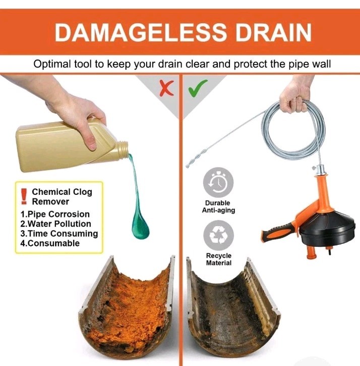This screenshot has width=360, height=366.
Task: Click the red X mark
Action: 166,88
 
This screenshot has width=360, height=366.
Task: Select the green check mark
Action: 198,88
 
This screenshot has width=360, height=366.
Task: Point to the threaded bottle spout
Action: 123,148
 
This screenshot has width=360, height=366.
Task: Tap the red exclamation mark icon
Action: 24,196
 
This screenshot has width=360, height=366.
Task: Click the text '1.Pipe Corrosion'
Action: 55,214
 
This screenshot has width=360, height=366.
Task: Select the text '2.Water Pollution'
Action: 55,224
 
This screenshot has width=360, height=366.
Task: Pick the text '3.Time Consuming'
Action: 59,234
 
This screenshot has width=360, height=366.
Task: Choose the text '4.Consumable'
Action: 50,243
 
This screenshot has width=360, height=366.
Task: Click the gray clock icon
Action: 218,183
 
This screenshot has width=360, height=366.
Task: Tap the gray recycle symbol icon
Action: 218,236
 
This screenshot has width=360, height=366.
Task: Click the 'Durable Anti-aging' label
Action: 218,206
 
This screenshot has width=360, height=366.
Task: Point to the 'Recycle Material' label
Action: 219,259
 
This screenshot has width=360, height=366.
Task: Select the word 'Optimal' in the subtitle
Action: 52,64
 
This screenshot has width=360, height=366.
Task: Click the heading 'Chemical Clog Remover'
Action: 62,196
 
